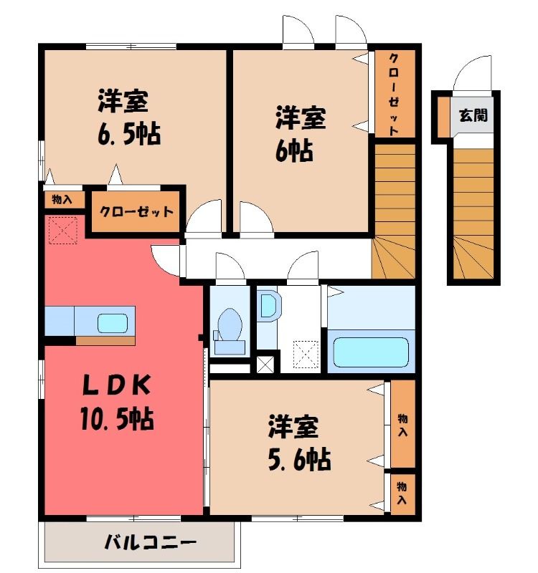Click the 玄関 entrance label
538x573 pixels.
click(473, 115)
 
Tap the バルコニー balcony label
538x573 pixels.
click(150, 542)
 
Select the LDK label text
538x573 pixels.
click(116, 385)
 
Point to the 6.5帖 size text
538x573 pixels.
click(129, 134)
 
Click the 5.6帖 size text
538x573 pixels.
click(299, 459)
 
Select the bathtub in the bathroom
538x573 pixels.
click(371, 352)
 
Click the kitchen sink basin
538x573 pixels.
click(113, 323)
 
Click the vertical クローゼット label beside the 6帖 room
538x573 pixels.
click(394, 95)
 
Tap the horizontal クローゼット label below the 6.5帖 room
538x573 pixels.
click(136, 212)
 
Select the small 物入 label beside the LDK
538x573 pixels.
click(62, 200)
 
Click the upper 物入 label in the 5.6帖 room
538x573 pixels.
click(402, 425)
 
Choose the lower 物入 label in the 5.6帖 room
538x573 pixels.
click(402, 493)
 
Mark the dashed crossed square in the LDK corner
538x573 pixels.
click(63, 230)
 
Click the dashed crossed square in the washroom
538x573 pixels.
click(306, 354)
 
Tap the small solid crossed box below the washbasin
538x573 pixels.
click(265, 364)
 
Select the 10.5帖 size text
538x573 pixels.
click(117, 418)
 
